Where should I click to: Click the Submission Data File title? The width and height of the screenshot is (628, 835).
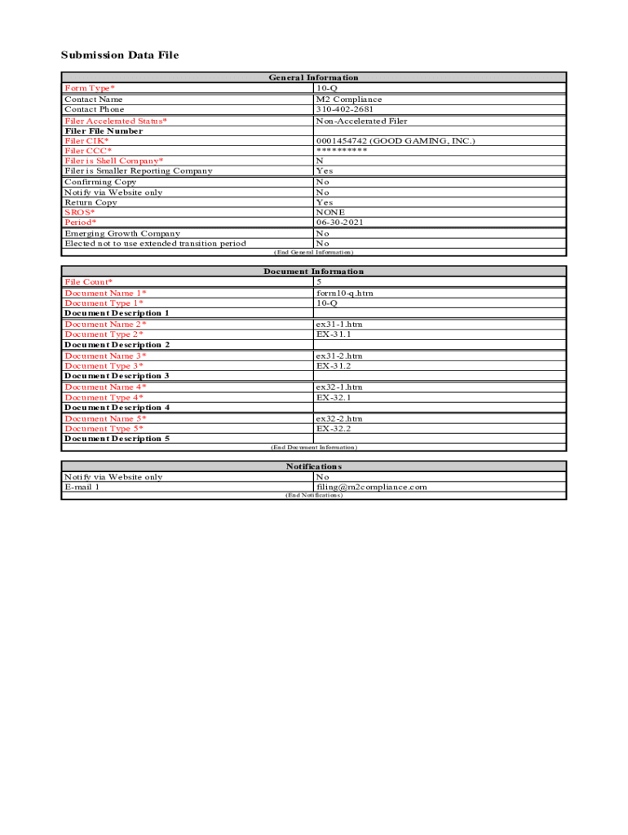click(119, 55)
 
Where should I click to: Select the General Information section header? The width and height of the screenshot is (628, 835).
click(313, 77)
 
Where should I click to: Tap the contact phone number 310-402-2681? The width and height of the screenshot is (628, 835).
click(346, 109)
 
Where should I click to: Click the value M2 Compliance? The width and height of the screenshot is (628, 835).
click(348, 99)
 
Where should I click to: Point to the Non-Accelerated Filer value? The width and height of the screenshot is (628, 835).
click(361, 121)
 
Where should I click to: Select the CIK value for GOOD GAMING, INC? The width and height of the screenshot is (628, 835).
click(395, 141)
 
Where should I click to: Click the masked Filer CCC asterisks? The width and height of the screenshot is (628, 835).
click(342, 151)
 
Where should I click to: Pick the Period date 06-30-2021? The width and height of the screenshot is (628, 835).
click(341, 222)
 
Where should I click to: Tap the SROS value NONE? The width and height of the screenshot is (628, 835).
click(330, 212)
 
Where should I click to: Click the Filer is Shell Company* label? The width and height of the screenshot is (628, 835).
click(113, 161)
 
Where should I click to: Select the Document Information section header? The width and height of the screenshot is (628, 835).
click(313, 272)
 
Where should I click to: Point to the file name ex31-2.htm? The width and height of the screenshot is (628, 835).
click(339, 356)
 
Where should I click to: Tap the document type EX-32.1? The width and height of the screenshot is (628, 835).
click(334, 397)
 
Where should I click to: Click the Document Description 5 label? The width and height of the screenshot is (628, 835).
click(117, 439)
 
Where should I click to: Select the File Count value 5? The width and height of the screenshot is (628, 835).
click(319, 282)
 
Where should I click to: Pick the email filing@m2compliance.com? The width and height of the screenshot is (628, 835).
click(371, 487)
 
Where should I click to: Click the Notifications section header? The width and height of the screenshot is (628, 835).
click(313, 466)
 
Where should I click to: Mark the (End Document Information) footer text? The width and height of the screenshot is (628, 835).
click(313, 448)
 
